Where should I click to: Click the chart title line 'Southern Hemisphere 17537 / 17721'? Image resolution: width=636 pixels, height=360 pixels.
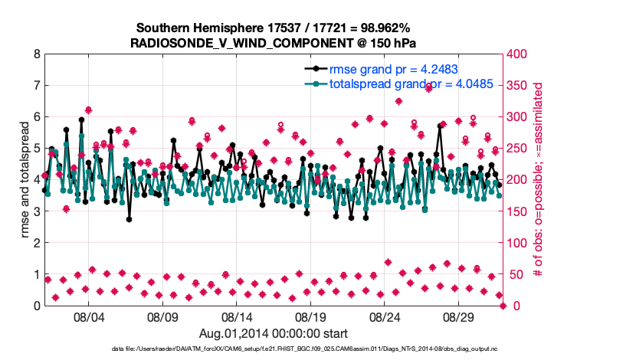tap(274, 28)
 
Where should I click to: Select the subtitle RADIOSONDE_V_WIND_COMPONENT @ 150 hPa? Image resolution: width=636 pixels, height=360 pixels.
tap(274, 43)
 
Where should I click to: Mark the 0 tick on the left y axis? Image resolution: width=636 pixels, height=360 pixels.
tap(36, 306)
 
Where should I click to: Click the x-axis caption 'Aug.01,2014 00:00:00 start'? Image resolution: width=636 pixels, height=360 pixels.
tap(274, 333)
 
